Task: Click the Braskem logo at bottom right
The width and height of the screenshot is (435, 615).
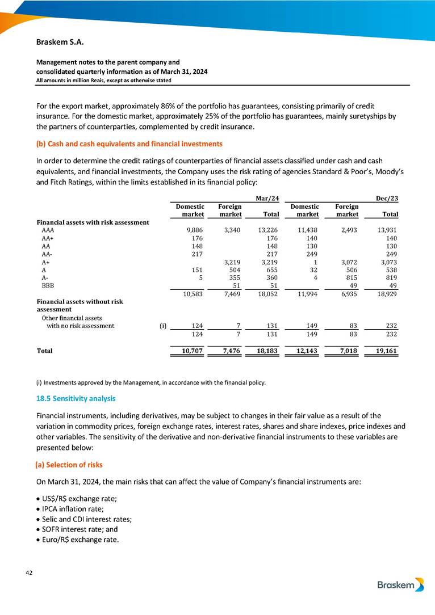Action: pyautogui.click(x=400, y=585)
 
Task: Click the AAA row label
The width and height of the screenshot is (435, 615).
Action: pyautogui.click(x=48, y=231)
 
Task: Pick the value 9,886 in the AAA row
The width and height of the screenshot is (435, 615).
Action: pyautogui.click(x=195, y=231)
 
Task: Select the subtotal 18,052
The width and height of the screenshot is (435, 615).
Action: pyautogui.click(x=267, y=296)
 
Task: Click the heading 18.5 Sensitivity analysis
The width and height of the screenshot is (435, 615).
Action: pyautogui.click(x=72, y=399)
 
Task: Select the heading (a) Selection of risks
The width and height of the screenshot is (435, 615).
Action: pyautogui.click(x=69, y=465)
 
